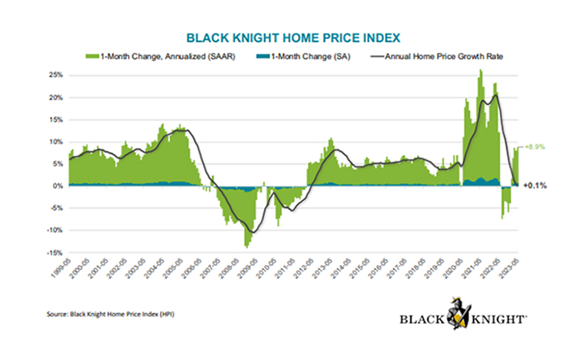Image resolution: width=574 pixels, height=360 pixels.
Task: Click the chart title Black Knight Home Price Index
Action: coord(287,36)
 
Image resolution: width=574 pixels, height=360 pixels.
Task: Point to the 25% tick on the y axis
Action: coord(53,75)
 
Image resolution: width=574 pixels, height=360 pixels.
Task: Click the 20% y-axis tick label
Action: coord(53,97)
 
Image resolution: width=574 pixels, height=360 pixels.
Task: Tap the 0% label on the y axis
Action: coord(55,186)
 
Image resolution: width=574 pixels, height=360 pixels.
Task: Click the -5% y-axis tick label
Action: coord(54,208)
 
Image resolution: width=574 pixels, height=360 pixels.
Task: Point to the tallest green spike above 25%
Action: coord(480,71)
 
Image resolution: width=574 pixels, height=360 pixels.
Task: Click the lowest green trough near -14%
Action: coord(246,246)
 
